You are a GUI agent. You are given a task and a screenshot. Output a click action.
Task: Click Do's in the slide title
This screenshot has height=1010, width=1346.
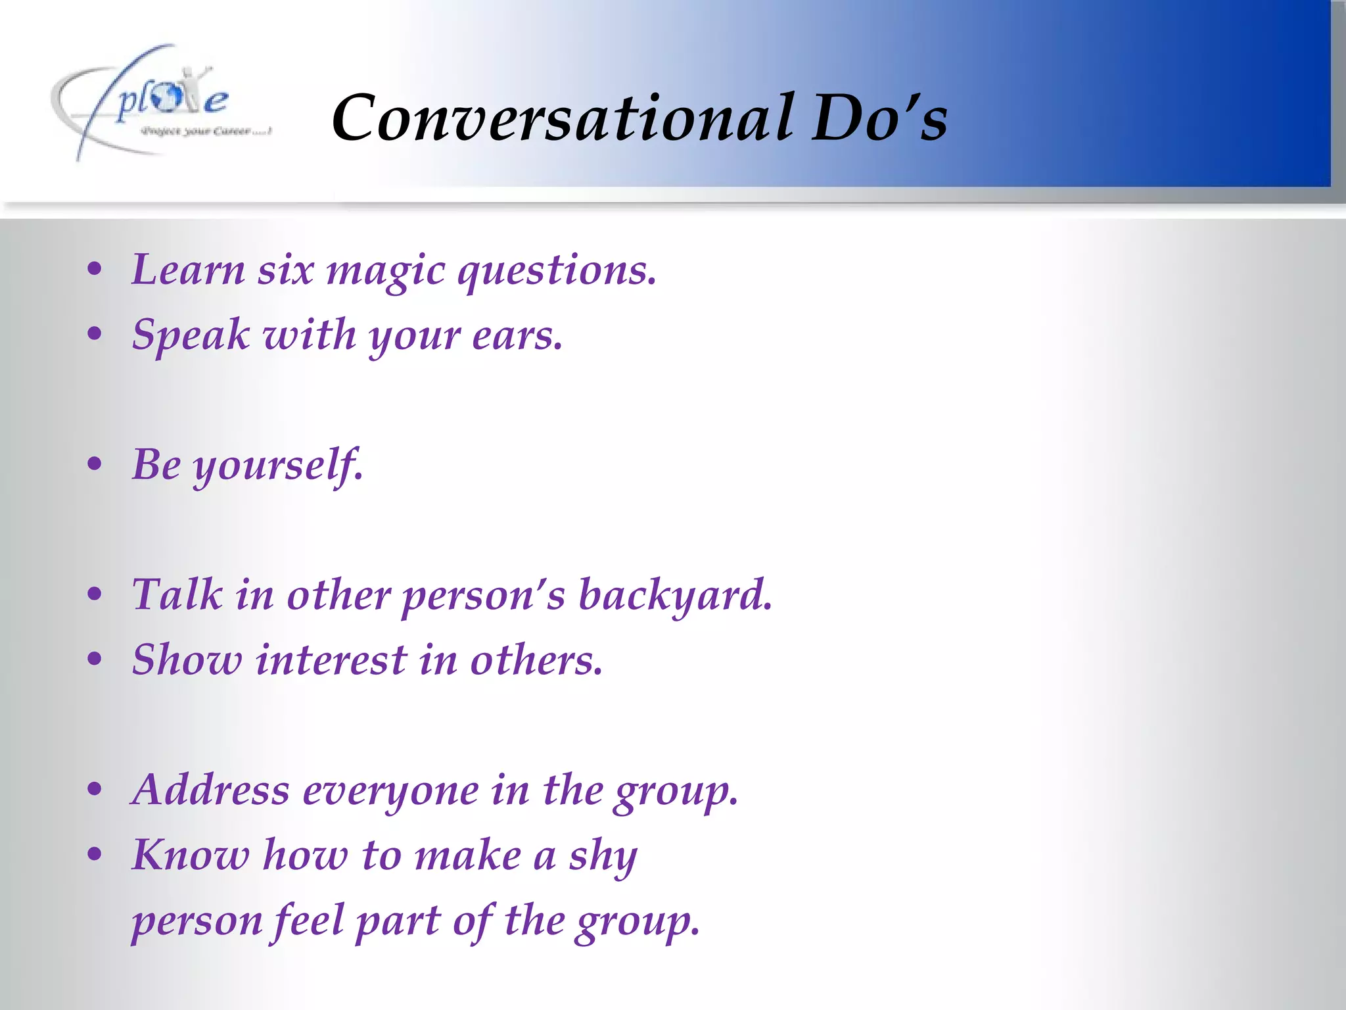pyautogui.click(x=879, y=118)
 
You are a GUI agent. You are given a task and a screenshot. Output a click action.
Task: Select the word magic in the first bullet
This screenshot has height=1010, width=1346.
pyautogui.click(x=386, y=271)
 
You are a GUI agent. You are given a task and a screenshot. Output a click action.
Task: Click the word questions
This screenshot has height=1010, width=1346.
pyautogui.click(x=556, y=271)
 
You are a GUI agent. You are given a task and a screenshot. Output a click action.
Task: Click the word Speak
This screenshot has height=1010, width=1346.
pyautogui.click(x=191, y=335)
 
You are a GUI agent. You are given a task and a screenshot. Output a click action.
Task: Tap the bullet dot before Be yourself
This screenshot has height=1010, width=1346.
pyautogui.click(x=95, y=464)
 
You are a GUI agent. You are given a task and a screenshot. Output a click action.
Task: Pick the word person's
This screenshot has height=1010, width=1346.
pyautogui.click(x=483, y=596)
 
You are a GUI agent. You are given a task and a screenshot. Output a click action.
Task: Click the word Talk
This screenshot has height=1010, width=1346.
pyautogui.click(x=177, y=594)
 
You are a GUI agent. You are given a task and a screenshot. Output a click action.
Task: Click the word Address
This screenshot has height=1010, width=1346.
pyautogui.click(x=210, y=790)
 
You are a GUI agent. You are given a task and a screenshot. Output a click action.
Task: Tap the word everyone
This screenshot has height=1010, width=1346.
pyautogui.click(x=390, y=791)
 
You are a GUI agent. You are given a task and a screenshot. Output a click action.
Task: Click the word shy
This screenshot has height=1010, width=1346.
pyautogui.click(x=603, y=857)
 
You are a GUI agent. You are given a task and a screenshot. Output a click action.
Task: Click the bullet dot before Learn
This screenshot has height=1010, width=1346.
pyautogui.click(x=95, y=270)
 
